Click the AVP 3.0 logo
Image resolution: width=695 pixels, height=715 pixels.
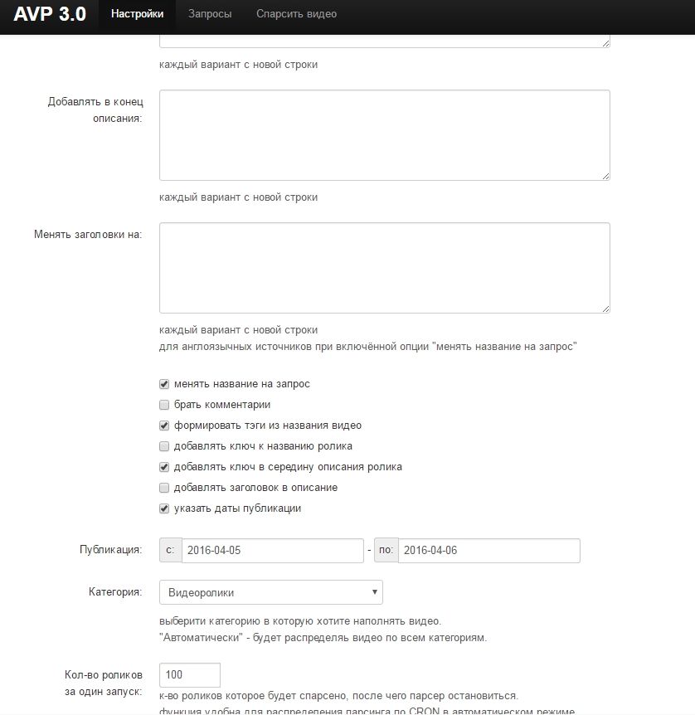[x=50, y=14]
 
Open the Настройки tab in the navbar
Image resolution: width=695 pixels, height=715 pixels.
[x=137, y=14]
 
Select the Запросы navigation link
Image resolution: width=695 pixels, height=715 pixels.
[x=210, y=14]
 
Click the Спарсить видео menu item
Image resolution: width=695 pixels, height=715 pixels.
[x=296, y=14]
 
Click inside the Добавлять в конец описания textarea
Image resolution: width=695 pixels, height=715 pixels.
[x=384, y=134]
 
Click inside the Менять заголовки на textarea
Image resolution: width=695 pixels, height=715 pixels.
[x=384, y=267]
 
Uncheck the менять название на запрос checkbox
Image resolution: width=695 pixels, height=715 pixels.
[x=164, y=384]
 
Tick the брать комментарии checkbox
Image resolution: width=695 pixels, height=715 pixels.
[x=164, y=405]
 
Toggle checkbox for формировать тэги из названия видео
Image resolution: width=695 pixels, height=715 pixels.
[x=164, y=426]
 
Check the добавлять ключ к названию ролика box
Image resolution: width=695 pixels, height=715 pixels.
[x=164, y=446]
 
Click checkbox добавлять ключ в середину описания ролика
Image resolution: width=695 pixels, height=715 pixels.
[x=164, y=467]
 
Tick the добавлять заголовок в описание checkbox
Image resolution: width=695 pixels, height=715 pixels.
[x=164, y=488]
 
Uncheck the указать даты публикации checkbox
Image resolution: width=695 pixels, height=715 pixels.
[x=164, y=508]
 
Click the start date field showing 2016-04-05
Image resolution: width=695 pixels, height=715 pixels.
[x=272, y=550]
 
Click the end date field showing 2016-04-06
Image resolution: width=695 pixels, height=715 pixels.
[x=488, y=550]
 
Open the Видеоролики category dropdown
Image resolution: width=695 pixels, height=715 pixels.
[x=271, y=592]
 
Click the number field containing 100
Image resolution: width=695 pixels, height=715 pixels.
[x=190, y=674]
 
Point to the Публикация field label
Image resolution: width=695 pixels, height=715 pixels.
[x=111, y=550]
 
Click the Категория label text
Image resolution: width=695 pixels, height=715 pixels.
[x=115, y=592]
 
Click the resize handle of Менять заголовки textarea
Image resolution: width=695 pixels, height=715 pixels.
[x=605, y=309]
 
